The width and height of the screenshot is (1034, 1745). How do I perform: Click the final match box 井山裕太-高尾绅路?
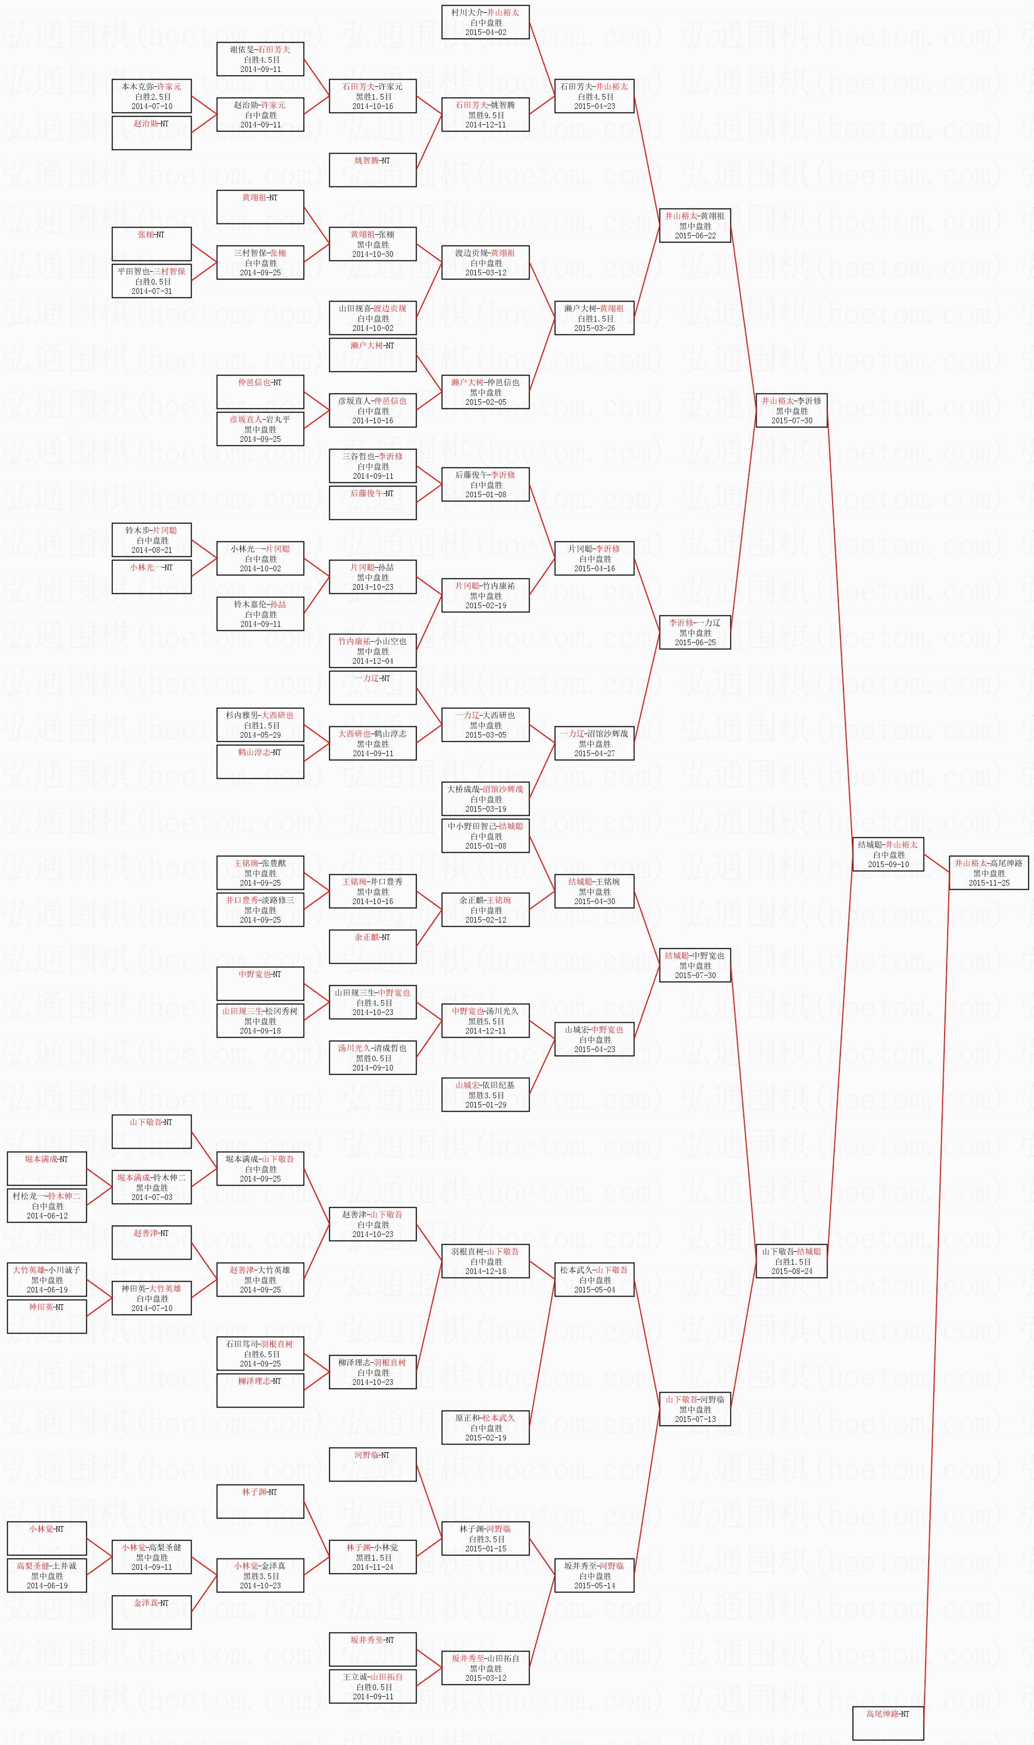[x=989, y=872]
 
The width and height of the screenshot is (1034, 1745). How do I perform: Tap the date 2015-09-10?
[x=888, y=865]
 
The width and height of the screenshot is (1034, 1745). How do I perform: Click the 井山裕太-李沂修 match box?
[x=792, y=410]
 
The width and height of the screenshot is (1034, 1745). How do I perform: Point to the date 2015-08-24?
[x=792, y=1271]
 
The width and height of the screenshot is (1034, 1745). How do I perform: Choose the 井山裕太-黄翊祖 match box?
[x=694, y=226]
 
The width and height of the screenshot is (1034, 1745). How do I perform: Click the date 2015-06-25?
[x=694, y=642]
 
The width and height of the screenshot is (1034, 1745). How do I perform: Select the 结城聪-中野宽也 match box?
[x=694, y=966]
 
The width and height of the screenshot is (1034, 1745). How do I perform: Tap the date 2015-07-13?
[x=694, y=1419]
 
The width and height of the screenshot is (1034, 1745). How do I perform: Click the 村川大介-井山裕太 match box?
[x=485, y=22]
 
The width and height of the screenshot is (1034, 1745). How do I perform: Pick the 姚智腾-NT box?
[x=373, y=170]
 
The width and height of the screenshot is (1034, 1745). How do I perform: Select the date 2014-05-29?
[x=260, y=735]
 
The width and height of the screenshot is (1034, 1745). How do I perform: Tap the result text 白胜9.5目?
[x=485, y=115]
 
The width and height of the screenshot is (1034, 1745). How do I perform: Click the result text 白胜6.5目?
[x=260, y=1354]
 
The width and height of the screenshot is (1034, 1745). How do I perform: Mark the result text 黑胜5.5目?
[x=485, y=1021]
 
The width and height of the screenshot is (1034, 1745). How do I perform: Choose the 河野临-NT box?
[x=373, y=1464]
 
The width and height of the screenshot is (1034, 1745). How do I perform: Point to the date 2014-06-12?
[x=47, y=1215]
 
